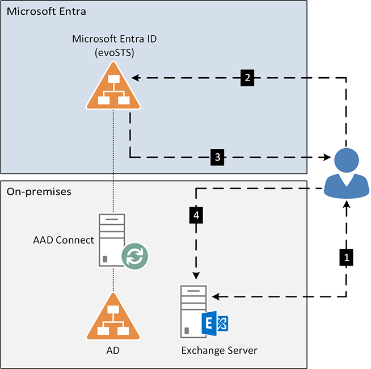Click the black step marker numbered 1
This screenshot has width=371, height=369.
tap(345, 257)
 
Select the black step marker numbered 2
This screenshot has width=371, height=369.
tap(247, 78)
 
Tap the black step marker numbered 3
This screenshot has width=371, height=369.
tap(218, 156)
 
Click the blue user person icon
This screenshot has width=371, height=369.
tap(345, 172)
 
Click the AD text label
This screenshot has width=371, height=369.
tap(113, 350)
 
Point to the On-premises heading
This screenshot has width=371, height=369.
tap(39, 192)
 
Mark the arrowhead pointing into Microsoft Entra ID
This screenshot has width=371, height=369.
tap(136, 78)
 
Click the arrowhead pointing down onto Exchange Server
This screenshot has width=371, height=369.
tap(196, 275)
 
